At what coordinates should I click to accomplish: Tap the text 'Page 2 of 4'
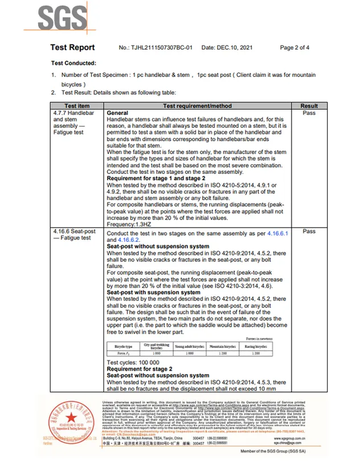[x=295, y=48]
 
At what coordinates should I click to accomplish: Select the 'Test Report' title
[x=72, y=48]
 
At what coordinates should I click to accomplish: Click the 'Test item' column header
[x=76, y=106]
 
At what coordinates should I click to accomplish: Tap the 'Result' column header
[x=309, y=106]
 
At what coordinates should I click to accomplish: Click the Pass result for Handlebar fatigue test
[x=309, y=113]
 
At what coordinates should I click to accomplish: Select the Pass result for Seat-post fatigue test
[x=309, y=232]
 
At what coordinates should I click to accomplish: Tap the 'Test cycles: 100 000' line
[x=133, y=362]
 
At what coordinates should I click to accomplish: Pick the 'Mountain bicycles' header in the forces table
[x=222, y=346]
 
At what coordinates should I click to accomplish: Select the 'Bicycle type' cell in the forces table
[x=124, y=346]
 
